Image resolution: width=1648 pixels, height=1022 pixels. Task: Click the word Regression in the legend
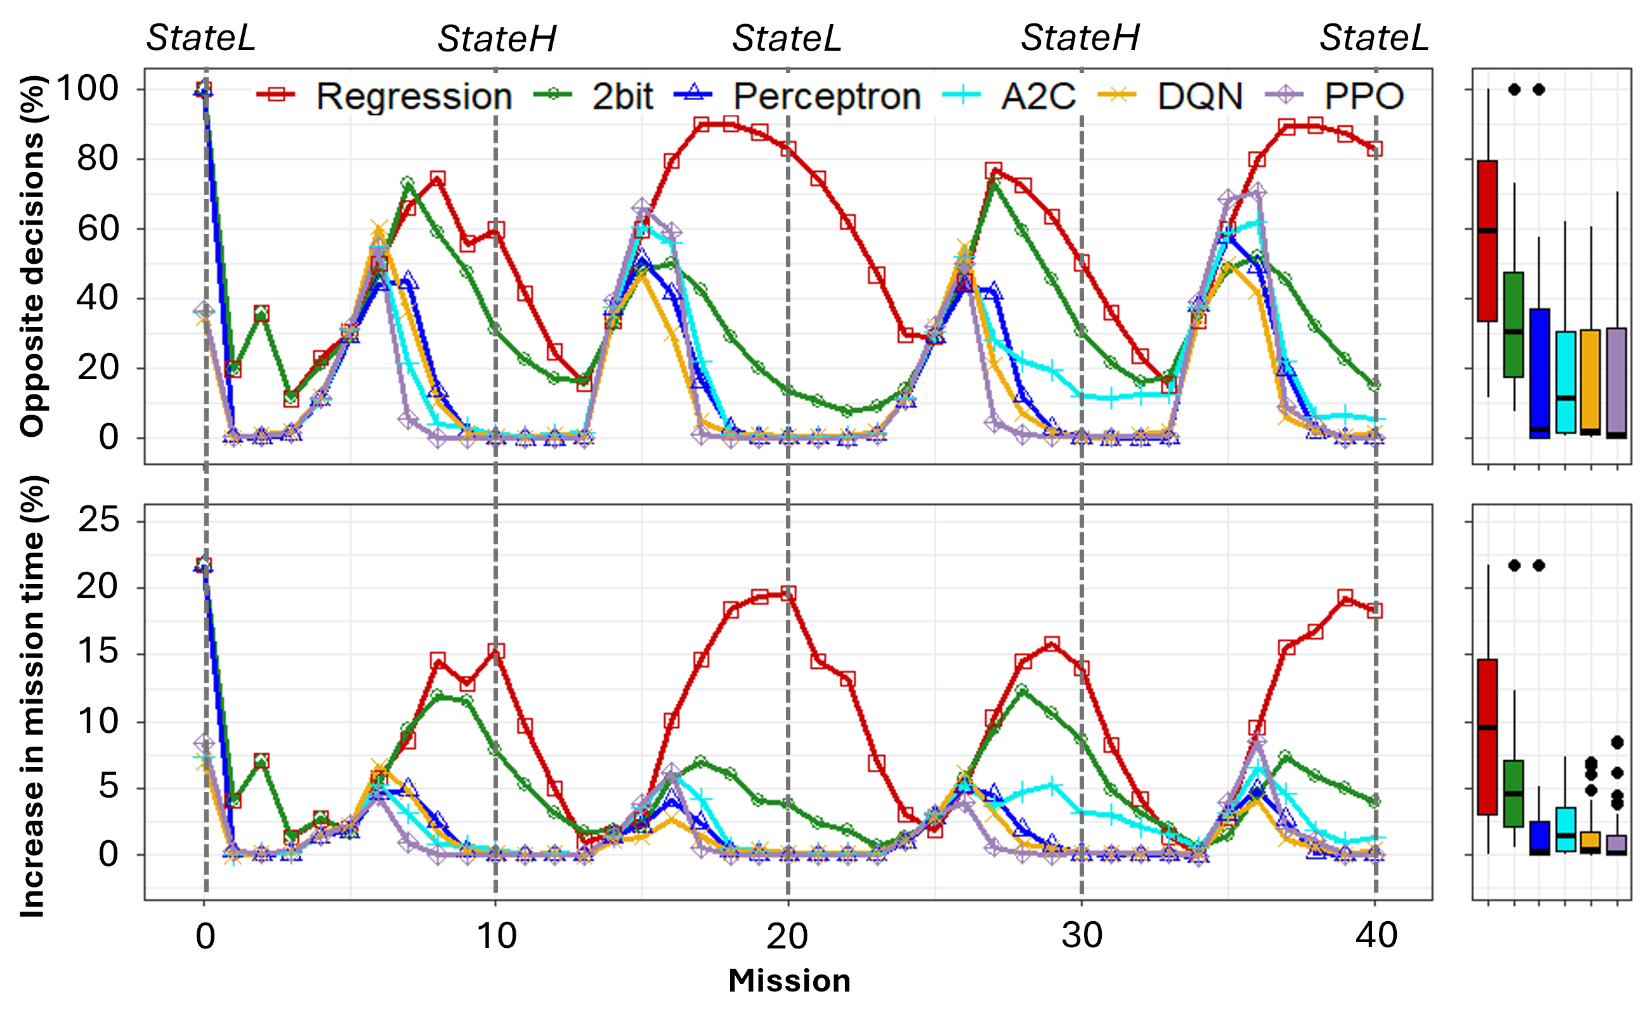(414, 96)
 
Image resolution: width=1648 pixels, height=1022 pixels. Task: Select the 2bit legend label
(622, 96)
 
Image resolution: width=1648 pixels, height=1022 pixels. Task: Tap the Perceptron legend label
(827, 96)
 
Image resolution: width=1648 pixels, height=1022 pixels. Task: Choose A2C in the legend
(1038, 96)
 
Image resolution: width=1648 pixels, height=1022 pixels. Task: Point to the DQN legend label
(1200, 96)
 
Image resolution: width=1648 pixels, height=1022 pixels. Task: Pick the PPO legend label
(1363, 96)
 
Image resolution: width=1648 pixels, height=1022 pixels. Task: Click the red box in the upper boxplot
(1488, 242)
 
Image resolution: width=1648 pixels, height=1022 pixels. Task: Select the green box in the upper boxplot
(1514, 325)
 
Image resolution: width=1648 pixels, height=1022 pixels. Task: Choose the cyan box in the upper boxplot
(1566, 382)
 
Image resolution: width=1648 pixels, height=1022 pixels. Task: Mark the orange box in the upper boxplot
(1590, 382)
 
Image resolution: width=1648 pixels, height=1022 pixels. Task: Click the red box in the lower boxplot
(1488, 737)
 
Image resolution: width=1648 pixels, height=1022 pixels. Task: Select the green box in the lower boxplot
(1514, 794)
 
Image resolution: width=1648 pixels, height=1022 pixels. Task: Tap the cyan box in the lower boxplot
(1566, 829)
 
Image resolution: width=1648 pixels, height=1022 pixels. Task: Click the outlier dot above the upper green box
(1515, 89)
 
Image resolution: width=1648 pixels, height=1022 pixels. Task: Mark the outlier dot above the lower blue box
(1539, 565)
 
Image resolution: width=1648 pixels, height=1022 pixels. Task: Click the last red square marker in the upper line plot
(1375, 150)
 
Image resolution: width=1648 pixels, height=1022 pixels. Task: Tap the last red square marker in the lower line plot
(1375, 611)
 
